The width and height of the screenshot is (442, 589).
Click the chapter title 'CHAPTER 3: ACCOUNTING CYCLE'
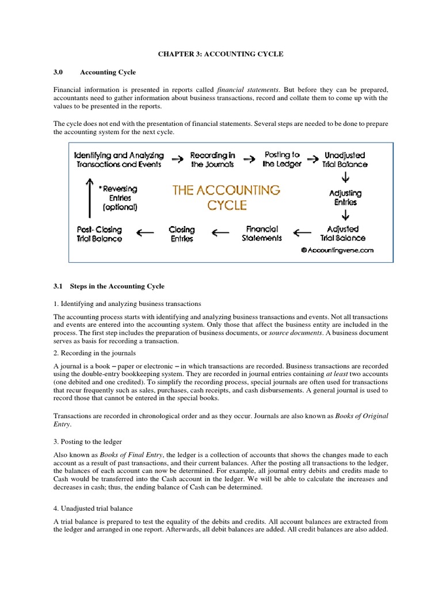pyautogui.click(x=221, y=53)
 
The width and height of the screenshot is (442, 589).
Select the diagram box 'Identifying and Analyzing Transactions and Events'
pyautogui.click(x=119, y=159)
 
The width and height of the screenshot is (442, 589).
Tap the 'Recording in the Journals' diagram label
pyautogui.click(x=212, y=159)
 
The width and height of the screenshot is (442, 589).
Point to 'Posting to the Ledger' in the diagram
pyautogui.click(x=282, y=159)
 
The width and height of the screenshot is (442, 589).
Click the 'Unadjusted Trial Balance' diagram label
pyautogui.click(x=345, y=159)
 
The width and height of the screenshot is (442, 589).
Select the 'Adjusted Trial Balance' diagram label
pyautogui.click(x=342, y=233)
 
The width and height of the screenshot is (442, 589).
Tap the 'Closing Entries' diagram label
pyautogui.click(x=182, y=234)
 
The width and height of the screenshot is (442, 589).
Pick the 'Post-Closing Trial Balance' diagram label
pyautogui.click(x=99, y=234)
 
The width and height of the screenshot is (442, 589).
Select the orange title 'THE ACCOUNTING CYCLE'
pyautogui.click(x=226, y=197)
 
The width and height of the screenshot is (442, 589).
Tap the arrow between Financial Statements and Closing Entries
pyautogui.click(x=220, y=233)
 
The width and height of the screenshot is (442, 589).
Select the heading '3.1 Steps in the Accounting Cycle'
pyautogui.click(x=109, y=286)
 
